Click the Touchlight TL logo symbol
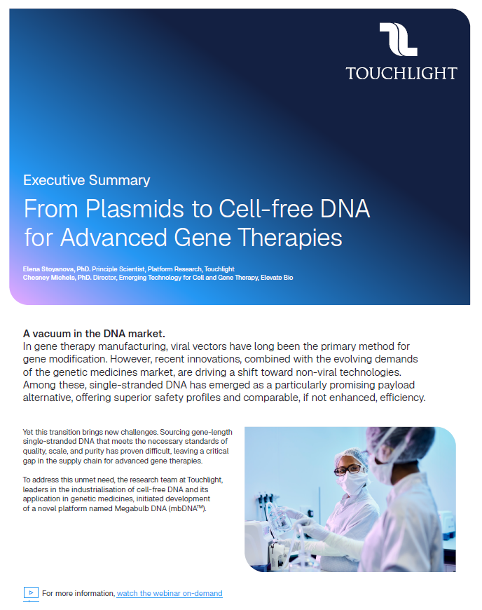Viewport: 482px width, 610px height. point(399,39)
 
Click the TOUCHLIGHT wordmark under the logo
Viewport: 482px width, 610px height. point(401,73)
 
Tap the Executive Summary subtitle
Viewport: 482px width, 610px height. point(87,180)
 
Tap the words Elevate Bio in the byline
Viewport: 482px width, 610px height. point(276,278)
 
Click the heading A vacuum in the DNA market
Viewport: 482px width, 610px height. point(94,333)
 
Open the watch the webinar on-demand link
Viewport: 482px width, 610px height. point(170,593)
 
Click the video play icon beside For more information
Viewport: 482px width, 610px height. point(31,593)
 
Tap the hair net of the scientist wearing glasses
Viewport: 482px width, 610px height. point(346,448)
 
